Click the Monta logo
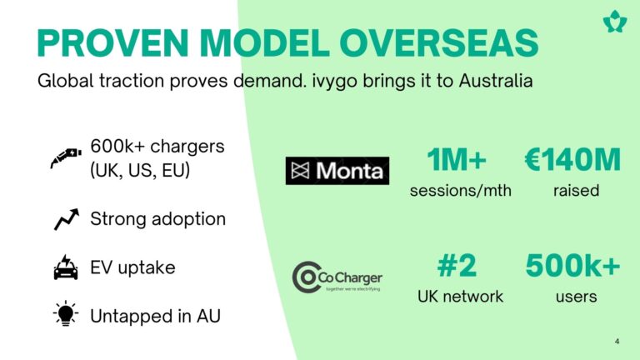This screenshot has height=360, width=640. [337, 171]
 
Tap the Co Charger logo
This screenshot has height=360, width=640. [337, 277]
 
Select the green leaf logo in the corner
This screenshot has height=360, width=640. [615, 22]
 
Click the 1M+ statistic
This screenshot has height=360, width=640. [457, 160]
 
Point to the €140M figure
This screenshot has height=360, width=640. [572, 160]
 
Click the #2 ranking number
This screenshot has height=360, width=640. [457, 266]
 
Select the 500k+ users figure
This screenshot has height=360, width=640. [572, 266]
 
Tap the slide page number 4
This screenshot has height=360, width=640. [617, 341]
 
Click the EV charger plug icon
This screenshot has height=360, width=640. [66, 158]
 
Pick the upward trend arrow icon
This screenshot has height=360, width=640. [67, 219]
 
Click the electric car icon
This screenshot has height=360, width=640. [66, 267]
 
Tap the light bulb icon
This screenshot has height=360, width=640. [66, 314]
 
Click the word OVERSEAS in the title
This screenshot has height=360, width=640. [439, 42]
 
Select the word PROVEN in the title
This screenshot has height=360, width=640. [112, 42]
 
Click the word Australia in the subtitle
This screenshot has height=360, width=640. [496, 80]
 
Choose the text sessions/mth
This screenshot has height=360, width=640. [460, 191]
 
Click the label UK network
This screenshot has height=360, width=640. [460, 297]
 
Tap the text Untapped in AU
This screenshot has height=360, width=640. [155, 317]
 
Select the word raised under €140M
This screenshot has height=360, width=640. [576, 191]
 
